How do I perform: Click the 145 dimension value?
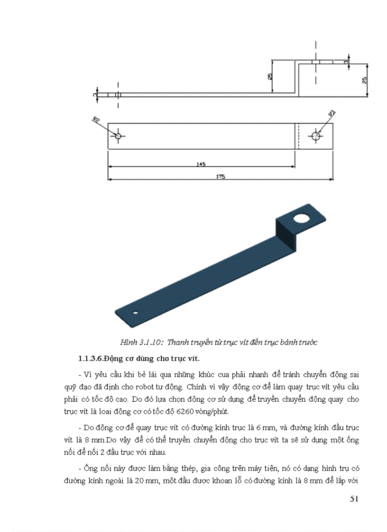pyautogui.click(x=201, y=164)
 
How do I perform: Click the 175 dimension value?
pyautogui.click(x=220, y=177)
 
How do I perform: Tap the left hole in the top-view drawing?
pyautogui.click(x=118, y=136)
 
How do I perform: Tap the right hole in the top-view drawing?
pyautogui.click(x=316, y=136)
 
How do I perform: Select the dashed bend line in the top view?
pyautogui.click(x=297, y=136)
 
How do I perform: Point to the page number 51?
pyautogui.click(x=354, y=498)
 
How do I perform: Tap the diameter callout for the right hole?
pyautogui.click(x=332, y=113)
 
